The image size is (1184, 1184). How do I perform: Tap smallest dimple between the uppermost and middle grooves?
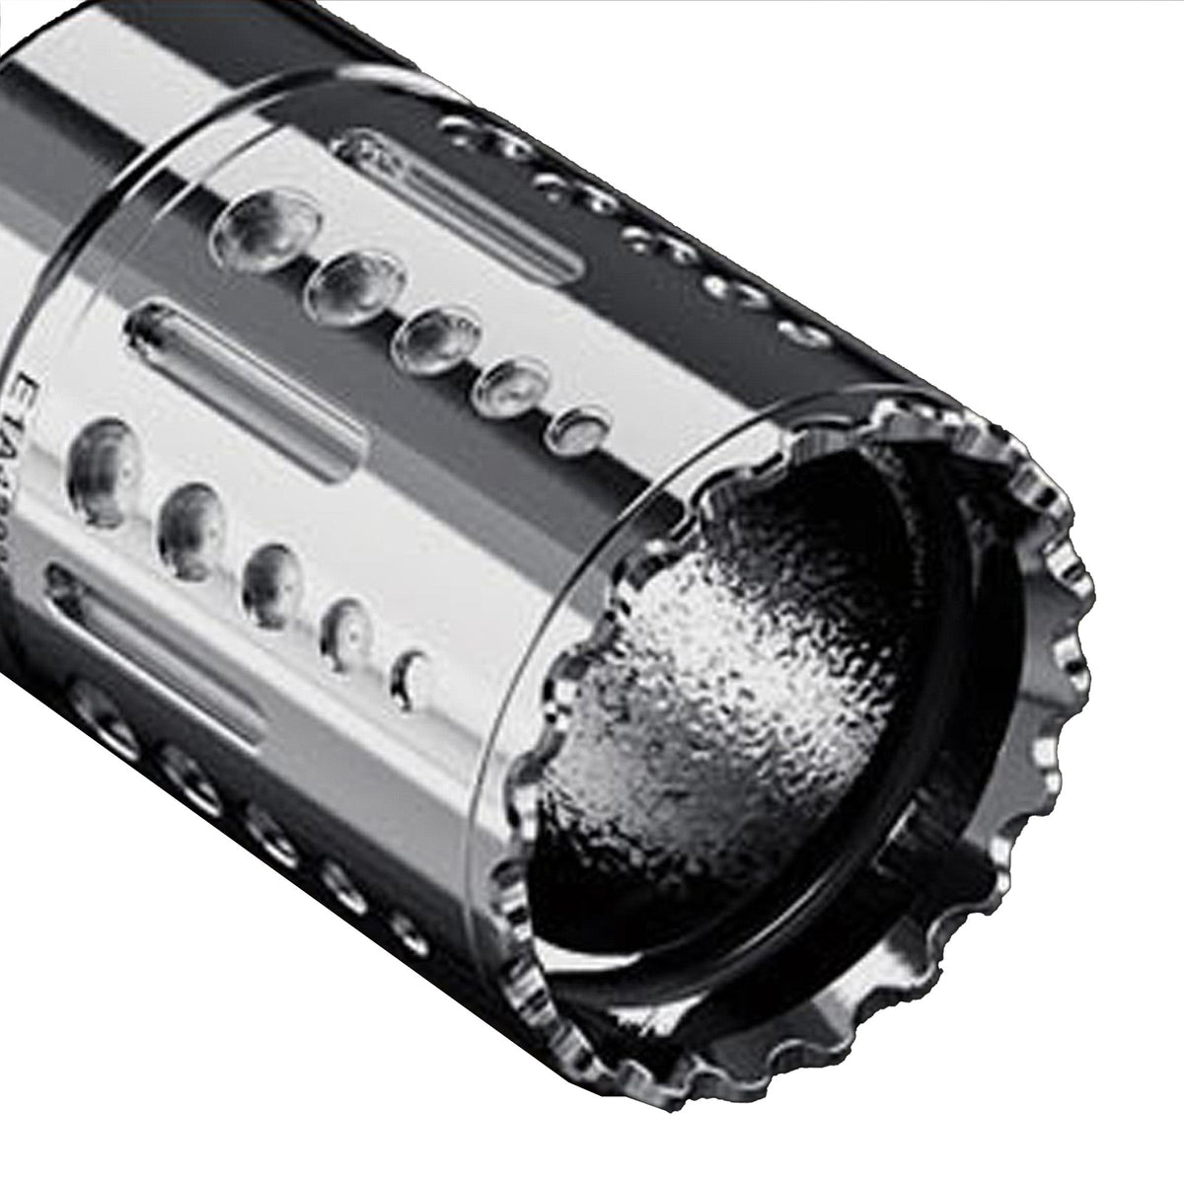click(x=582, y=426)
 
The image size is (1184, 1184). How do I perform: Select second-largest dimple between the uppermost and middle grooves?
click(x=358, y=285)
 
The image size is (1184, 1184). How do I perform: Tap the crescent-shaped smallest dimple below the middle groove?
click(x=407, y=673)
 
